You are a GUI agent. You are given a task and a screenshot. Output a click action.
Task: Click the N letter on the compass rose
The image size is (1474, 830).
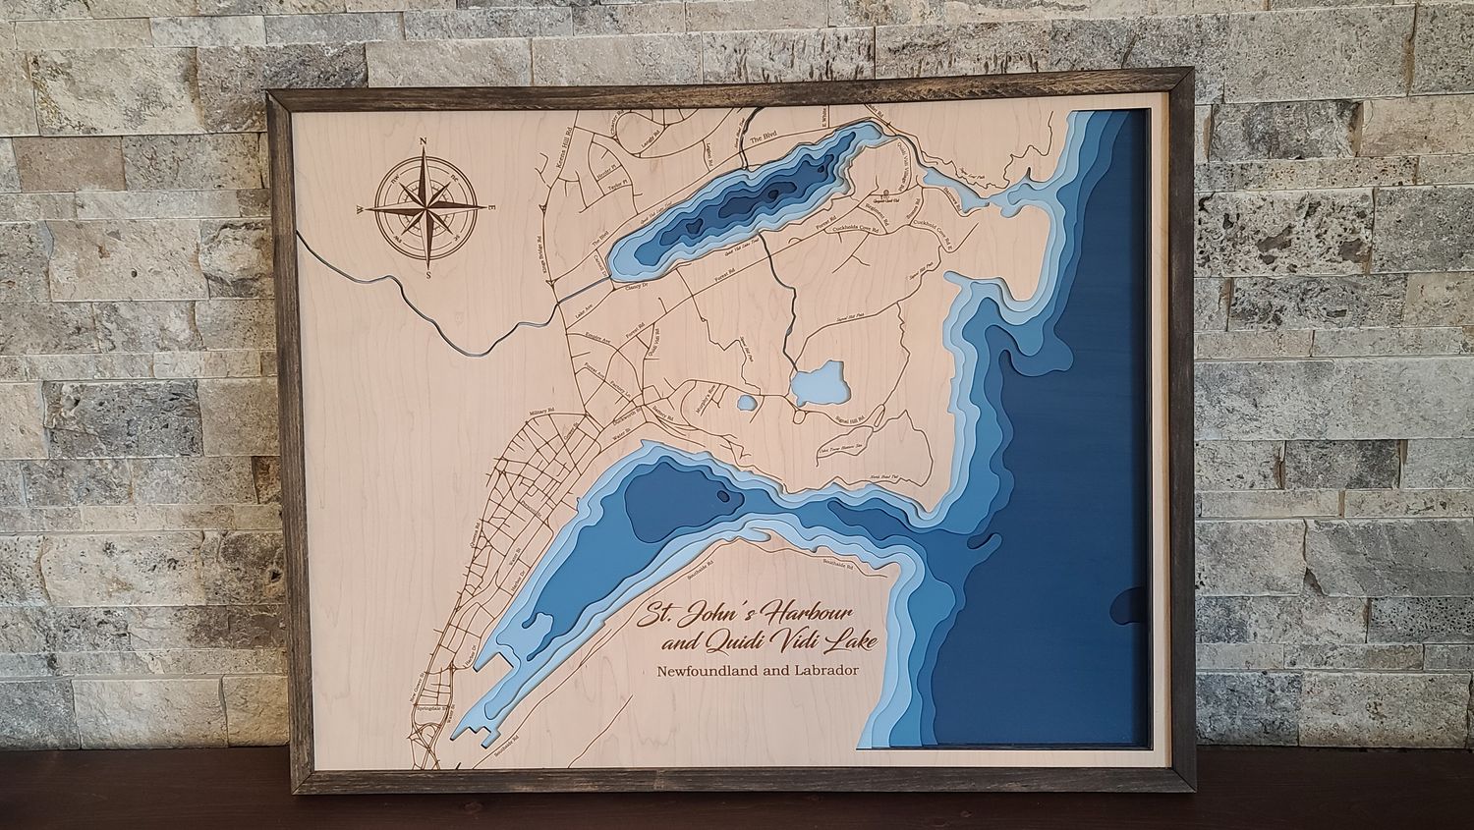423,144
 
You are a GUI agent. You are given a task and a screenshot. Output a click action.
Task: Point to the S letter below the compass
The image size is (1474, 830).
429,276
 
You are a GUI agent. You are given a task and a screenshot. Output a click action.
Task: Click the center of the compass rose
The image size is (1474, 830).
425,209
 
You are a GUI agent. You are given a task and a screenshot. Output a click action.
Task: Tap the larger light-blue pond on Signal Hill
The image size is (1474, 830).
818,382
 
